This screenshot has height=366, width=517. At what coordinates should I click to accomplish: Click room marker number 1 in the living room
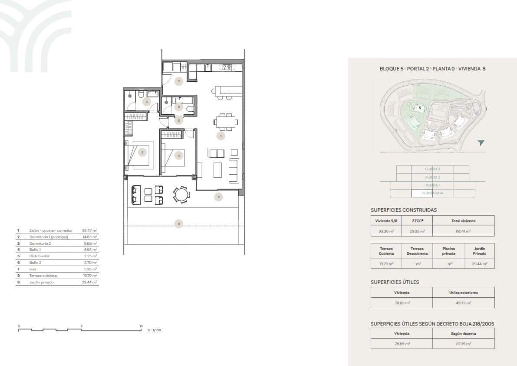pos(221,136)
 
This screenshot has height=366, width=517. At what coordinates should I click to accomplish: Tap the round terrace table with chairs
pos(181,194)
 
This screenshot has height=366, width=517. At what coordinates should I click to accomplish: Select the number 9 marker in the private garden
pos(178,224)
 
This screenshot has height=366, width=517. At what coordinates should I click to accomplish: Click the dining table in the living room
pos(226,122)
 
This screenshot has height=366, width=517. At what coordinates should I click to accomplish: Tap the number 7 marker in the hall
pos(178,81)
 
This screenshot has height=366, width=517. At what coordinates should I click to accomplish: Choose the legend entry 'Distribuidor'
pos(39,256)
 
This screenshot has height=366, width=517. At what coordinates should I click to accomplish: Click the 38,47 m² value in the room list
pos(89,230)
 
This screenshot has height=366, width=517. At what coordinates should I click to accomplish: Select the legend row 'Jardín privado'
pos(41,282)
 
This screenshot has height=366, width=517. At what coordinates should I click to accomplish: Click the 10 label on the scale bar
pos(141,326)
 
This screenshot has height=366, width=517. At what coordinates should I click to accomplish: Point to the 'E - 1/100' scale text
pos(155,330)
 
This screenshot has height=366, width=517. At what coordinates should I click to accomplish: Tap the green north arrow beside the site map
pos(481,143)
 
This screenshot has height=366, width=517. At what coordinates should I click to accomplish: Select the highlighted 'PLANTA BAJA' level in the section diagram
pos(432,193)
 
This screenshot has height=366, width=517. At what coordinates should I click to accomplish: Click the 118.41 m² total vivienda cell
pos(463,231)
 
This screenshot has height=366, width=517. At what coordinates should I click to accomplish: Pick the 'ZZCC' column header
pos(418,221)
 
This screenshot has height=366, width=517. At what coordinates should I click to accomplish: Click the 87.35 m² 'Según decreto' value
pos(463,344)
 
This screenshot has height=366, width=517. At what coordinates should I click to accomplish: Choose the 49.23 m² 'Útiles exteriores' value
pos(463,303)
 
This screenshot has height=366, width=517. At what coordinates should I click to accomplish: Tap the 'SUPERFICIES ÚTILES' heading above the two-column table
pos(395,282)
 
